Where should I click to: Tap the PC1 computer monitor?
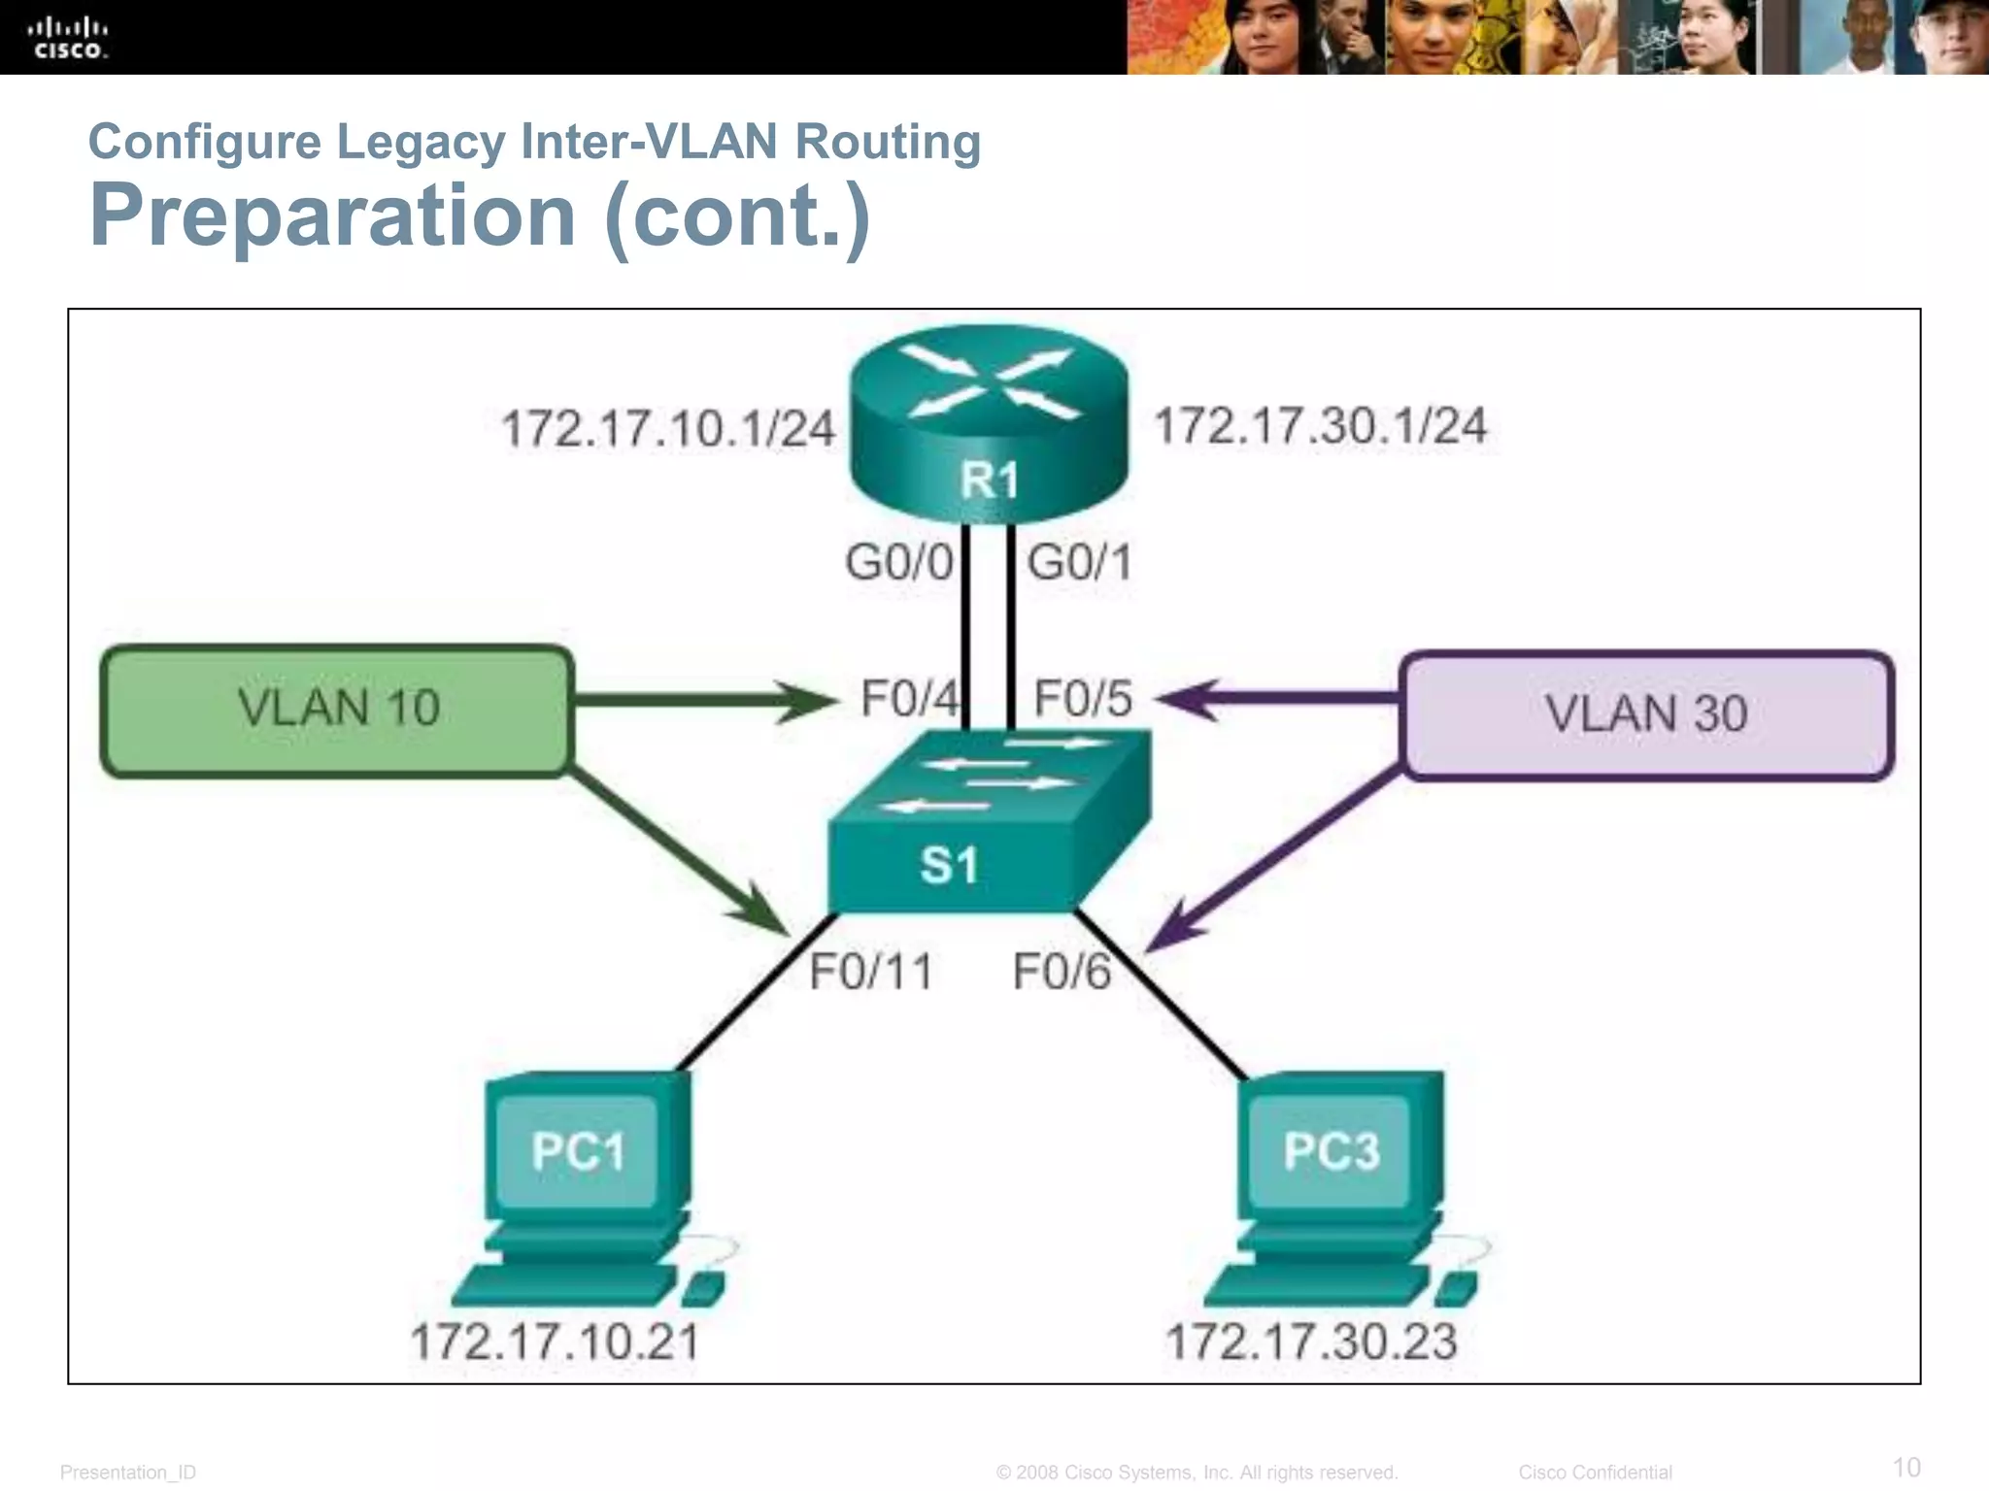tap(577, 1152)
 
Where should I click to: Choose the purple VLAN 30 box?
tap(1647, 714)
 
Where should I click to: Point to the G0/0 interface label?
tap(898, 563)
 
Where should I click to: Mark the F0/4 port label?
tap(909, 699)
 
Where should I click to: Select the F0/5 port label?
tap(1082, 699)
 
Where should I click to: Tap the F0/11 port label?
tap(871, 972)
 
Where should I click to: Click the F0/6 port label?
tap(1061, 972)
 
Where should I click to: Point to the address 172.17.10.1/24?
tap(668, 429)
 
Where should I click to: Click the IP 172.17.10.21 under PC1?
tap(555, 1342)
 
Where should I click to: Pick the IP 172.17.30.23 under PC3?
tap(1311, 1342)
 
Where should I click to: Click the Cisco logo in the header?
tap(68, 38)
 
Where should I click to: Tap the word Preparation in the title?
tap(332, 215)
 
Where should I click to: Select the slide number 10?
tap(1906, 1467)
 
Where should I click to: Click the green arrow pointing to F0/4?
tap(704, 700)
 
